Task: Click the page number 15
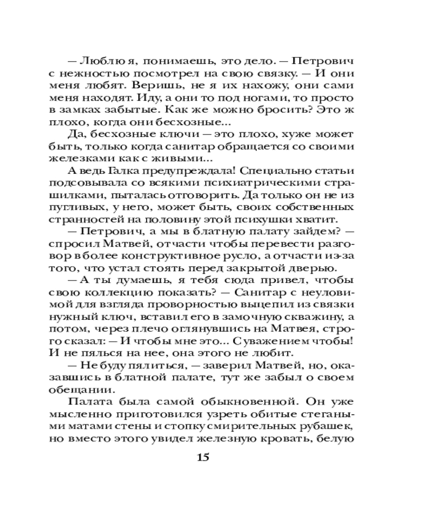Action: (x=203, y=457)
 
